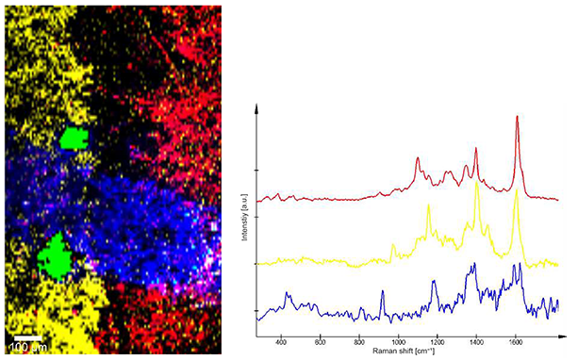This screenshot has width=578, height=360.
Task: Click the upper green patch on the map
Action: click(x=74, y=139)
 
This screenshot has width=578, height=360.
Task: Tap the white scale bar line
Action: click(x=28, y=337)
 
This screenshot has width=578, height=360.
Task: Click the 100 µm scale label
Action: click(x=26, y=349)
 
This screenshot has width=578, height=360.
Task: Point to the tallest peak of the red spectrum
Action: click(x=517, y=117)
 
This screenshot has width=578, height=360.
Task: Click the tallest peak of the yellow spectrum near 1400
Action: click(x=477, y=182)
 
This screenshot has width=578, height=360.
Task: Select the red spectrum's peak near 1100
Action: click(x=418, y=159)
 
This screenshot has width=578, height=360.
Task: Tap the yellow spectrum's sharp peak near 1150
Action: click(x=428, y=206)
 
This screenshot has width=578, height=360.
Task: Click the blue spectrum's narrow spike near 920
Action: click(x=382, y=292)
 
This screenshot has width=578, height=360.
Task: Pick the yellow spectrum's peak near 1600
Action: click(x=516, y=192)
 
